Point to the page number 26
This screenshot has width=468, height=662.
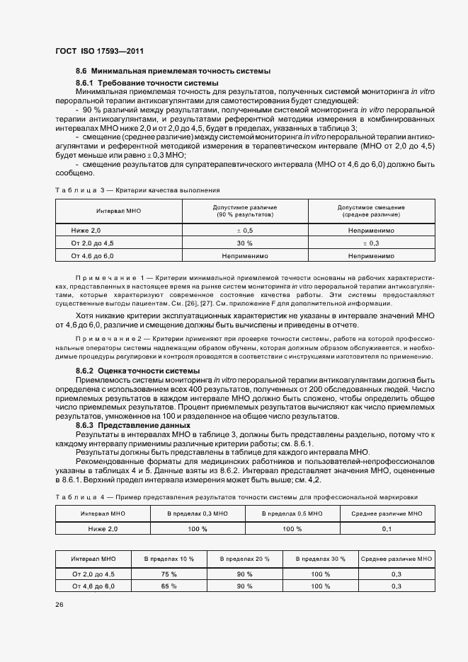tap(59, 604)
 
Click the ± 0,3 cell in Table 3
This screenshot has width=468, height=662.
tap(371, 243)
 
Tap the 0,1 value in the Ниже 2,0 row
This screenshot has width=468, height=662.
tap(387, 528)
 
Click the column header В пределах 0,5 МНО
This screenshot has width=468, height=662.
tap(292, 513)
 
